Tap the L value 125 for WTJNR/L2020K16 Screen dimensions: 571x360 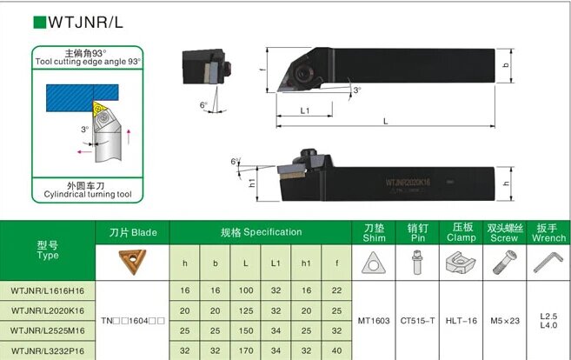tap(248, 310)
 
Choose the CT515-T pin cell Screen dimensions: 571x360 tap(417, 319)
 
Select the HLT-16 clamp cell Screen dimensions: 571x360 tap(461, 319)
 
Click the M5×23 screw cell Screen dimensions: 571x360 tap(504, 319)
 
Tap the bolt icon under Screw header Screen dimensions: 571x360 tap(504, 262)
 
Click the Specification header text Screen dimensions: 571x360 tap(261, 232)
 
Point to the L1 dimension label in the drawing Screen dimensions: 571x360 tap(305, 110)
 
